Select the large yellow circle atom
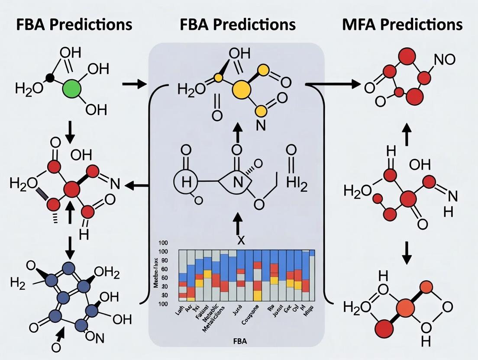click(242, 90)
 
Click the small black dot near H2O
click(50, 79)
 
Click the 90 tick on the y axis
click(165, 260)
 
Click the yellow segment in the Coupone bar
click(257, 296)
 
